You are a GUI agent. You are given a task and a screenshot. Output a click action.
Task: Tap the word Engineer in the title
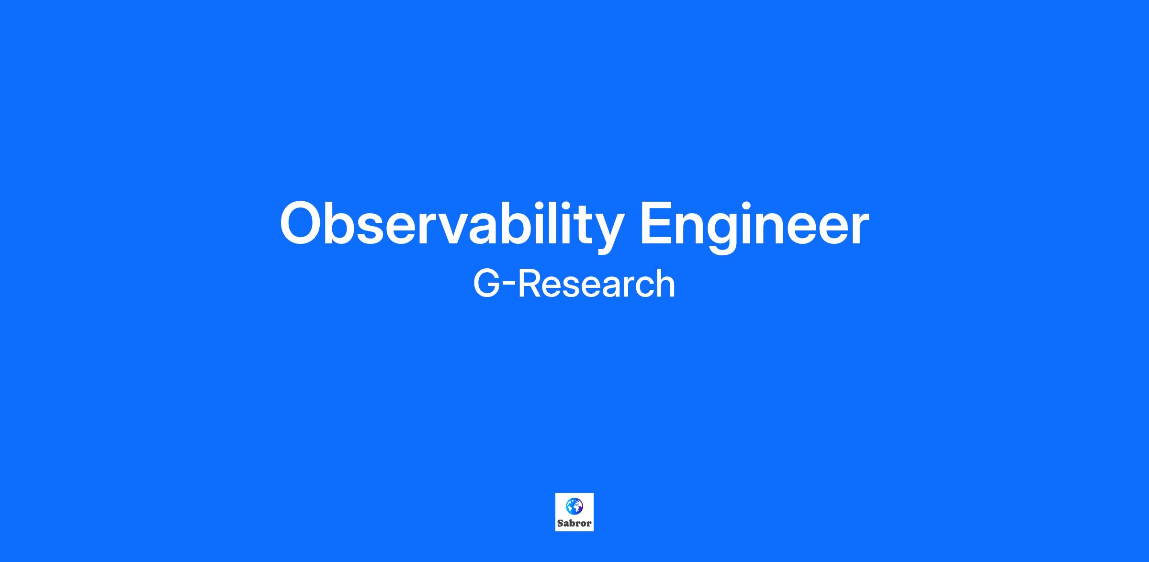pos(754,225)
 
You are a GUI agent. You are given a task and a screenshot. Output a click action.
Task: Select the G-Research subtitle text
pos(574,283)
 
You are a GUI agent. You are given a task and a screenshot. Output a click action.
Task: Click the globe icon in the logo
pos(574,506)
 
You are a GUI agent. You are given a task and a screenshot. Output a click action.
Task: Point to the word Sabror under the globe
pos(574,523)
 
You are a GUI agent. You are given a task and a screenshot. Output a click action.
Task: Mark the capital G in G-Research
pos(486,283)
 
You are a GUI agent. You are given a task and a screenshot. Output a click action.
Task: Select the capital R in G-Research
pos(529,283)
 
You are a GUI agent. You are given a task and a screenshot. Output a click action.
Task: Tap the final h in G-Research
pos(665,283)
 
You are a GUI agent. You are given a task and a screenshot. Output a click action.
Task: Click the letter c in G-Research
pos(642,287)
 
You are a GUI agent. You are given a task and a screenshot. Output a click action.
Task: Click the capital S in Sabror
pos(560,523)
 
